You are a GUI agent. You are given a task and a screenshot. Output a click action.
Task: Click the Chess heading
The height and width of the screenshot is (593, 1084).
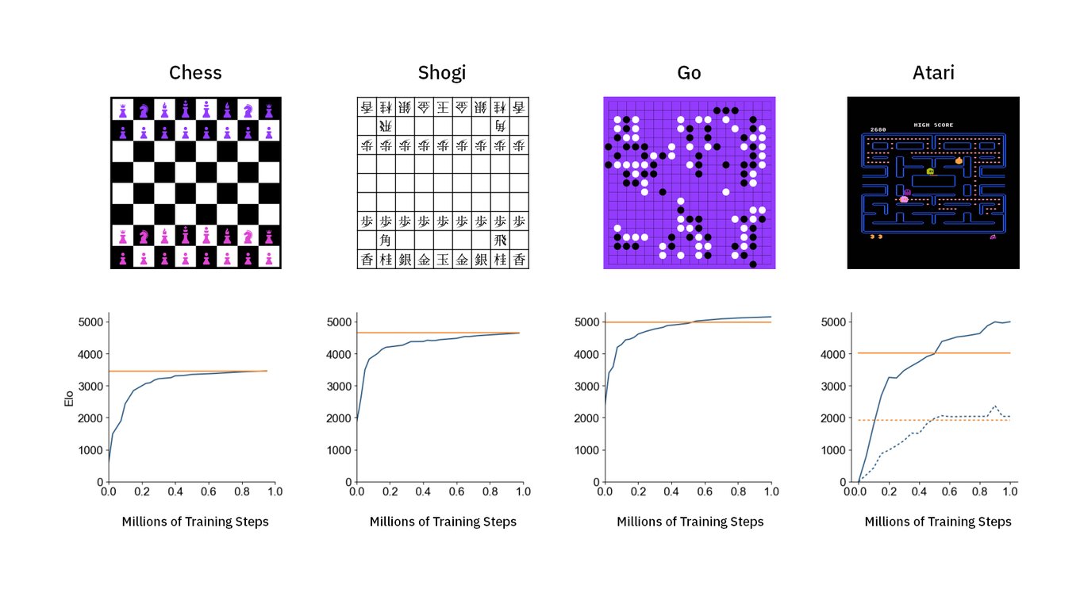pos(195,73)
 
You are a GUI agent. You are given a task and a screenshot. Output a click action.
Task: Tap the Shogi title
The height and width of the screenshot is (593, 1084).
pos(441,73)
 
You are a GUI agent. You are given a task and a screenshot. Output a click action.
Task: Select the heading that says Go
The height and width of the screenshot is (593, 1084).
pos(689,73)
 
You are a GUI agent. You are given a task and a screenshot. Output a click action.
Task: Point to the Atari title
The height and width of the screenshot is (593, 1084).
pos(932,73)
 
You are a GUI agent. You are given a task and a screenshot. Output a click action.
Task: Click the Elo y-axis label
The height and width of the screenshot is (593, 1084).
pos(70,397)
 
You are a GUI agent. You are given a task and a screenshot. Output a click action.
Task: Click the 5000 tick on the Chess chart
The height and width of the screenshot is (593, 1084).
pos(88,322)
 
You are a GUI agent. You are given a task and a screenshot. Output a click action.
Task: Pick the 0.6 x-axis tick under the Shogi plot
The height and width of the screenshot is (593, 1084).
pos(456,492)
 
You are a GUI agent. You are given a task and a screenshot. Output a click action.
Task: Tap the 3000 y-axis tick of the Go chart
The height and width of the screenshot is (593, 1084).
pos(584,387)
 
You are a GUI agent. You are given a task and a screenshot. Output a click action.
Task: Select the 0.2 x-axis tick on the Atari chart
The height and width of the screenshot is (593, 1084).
pos(888,492)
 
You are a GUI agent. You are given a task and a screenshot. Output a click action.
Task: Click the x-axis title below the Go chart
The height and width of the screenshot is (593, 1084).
pos(690,522)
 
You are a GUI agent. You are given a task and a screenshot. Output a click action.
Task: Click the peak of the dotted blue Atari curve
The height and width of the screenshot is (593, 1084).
pos(995,406)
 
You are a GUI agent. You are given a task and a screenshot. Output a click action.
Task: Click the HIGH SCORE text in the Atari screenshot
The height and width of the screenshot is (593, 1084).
pos(933,125)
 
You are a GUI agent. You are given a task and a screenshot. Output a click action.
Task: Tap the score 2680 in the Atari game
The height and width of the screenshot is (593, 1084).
pos(878,129)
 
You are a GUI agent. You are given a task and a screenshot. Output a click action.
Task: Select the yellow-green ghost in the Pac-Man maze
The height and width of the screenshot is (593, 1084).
pos(930,171)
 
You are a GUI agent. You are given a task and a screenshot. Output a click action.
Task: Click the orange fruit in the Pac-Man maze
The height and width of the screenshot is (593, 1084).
pos(959,161)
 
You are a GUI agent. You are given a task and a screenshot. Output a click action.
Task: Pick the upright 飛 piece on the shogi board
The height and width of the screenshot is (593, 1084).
pos(499,240)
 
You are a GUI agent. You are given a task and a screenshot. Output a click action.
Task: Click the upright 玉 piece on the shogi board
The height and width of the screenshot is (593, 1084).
pos(442,260)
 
